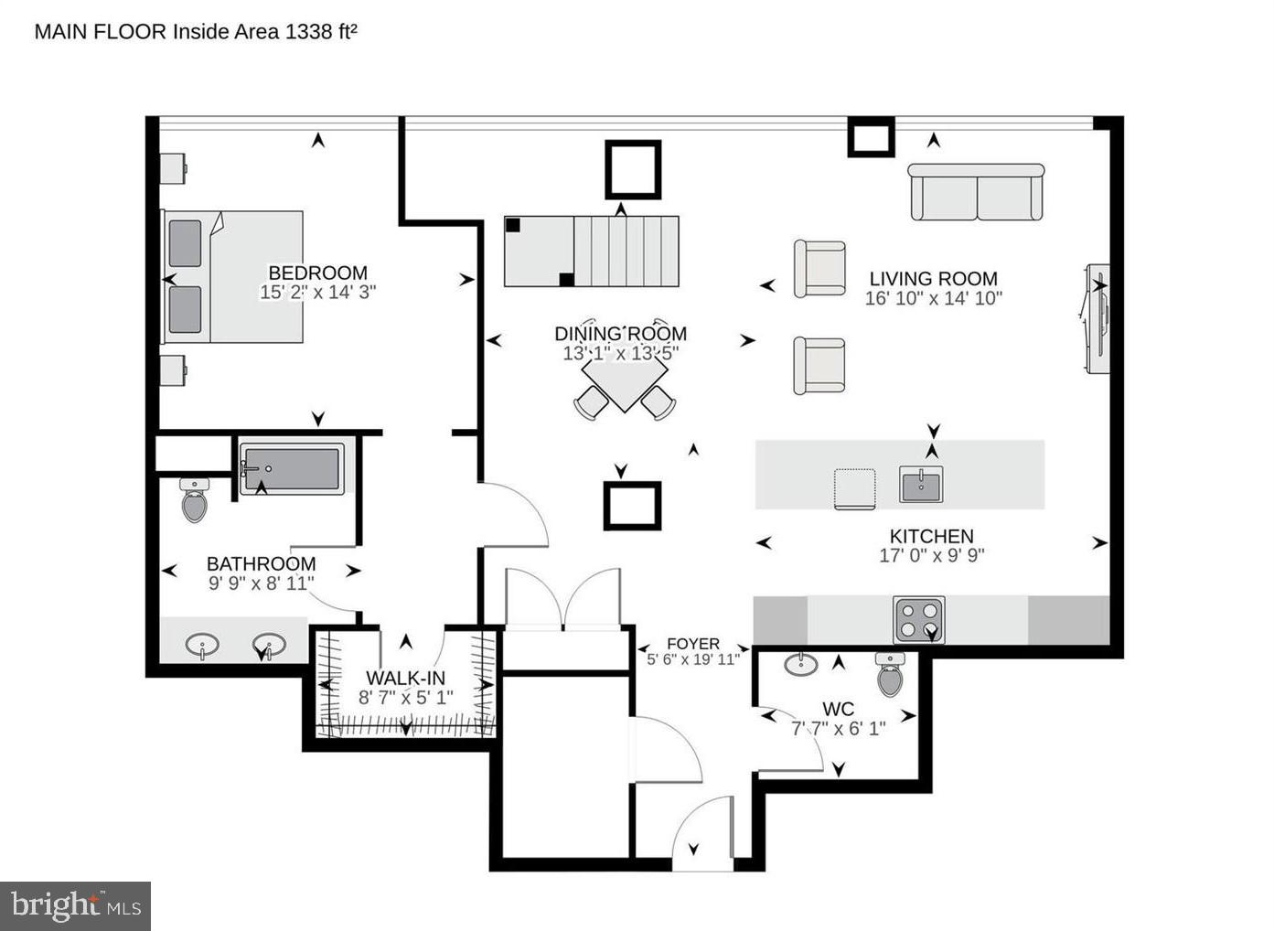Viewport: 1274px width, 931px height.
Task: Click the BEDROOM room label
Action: tap(317, 273)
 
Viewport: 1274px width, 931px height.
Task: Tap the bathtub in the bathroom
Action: tap(292, 469)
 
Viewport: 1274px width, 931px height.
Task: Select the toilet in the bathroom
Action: tap(194, 499)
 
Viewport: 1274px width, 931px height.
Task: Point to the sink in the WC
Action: tap(801, 664)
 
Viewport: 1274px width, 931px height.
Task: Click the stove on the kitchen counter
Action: tap(918, 620)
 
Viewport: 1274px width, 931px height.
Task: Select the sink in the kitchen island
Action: tap(921, 483)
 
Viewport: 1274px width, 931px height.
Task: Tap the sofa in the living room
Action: tap(977, 192)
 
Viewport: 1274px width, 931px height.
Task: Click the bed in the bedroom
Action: tap(233, 277)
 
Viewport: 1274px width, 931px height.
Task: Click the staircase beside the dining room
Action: tap(592, 251)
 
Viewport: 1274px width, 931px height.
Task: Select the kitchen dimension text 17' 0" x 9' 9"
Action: tap(931, 555)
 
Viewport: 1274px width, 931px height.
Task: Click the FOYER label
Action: tap(692, 644)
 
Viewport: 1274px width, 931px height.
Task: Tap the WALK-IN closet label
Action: tap(405, 678)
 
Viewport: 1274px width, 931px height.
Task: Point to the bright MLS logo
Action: tap(76, 905)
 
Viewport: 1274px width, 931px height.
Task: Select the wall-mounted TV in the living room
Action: tap(1097, 318)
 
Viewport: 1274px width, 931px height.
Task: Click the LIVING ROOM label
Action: tap(933, 279)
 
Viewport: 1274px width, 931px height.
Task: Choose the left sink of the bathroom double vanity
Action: tap(202, 646)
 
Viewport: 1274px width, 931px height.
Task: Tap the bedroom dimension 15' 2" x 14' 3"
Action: tap(317, 293)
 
